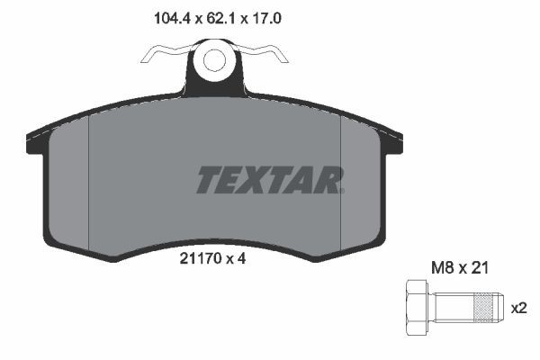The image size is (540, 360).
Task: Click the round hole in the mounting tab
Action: (x=214, y=61)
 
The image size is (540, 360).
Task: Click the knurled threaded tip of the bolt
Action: (x=486, y=307)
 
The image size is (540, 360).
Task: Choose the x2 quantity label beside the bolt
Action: (x=519, y=307)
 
